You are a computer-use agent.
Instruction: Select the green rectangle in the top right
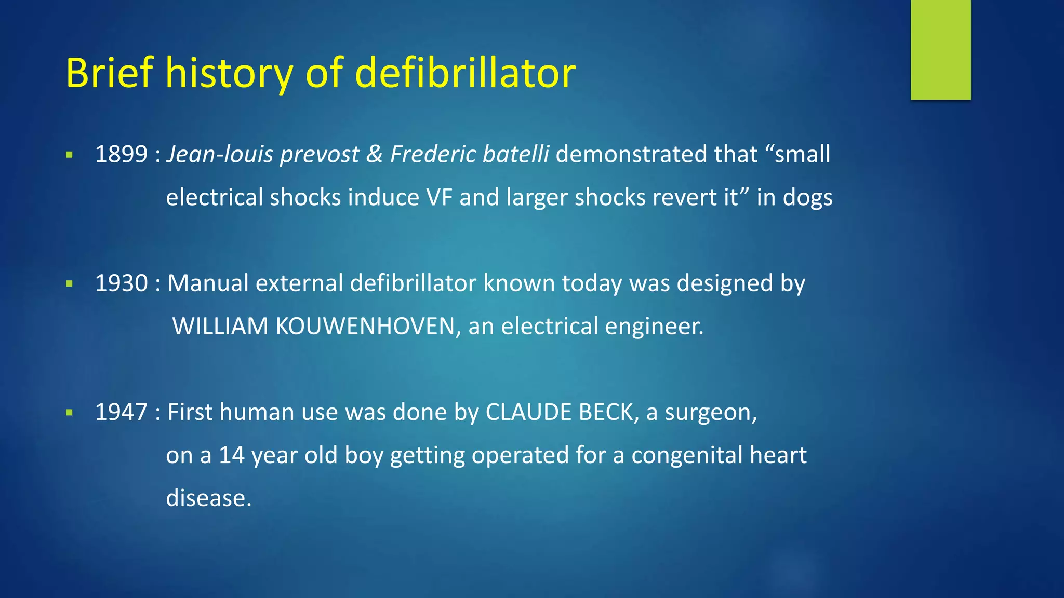click(940, 49)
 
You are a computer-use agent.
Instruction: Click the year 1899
click(121, 154)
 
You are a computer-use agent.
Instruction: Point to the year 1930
click(121, 283)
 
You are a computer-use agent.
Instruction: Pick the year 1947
click(121, 412)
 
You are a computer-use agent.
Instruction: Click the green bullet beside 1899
click(69, 155)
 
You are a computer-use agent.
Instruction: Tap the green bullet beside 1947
click(69, 413)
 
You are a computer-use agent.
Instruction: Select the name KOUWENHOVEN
click(365, 327)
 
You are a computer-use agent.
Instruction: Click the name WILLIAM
click(220, 327)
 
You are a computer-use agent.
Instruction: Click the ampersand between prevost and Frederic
click(374, 154)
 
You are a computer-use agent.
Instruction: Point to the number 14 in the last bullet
click(231, 455)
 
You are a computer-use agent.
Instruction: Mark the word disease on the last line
click(208, 498)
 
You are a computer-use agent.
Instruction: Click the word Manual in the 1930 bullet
click(208, 283)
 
